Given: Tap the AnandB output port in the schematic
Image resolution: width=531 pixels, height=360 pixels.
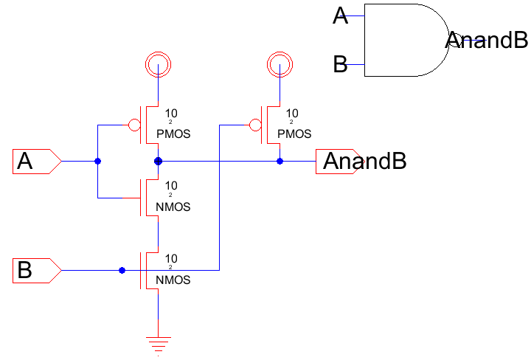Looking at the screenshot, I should point(361,161).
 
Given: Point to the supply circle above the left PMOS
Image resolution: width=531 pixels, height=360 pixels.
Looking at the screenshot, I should point(158,65).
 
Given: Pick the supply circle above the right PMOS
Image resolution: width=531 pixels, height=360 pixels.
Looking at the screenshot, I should point(280,65).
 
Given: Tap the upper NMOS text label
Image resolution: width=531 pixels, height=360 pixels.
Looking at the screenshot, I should point(173,207).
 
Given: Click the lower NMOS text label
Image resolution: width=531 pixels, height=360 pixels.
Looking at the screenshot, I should point(173,280).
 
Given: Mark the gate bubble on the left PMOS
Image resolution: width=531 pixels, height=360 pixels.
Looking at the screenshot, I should point(135,124).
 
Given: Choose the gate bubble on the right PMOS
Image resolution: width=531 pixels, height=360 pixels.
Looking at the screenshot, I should point(256,124).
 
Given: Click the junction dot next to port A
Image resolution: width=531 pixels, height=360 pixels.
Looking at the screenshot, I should point(97,161).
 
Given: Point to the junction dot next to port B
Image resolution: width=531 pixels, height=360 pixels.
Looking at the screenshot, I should point(122,271).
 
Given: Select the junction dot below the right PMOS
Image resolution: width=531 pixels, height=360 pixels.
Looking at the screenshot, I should point(280,161).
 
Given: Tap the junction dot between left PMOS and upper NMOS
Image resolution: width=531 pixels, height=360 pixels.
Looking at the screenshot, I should point(158,161).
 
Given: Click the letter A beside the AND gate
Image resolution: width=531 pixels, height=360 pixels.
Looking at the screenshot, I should point(340,15).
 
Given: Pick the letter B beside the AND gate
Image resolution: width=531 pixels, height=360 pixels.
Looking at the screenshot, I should point(340,65).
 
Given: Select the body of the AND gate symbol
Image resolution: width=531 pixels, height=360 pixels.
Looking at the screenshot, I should point(402,41).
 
